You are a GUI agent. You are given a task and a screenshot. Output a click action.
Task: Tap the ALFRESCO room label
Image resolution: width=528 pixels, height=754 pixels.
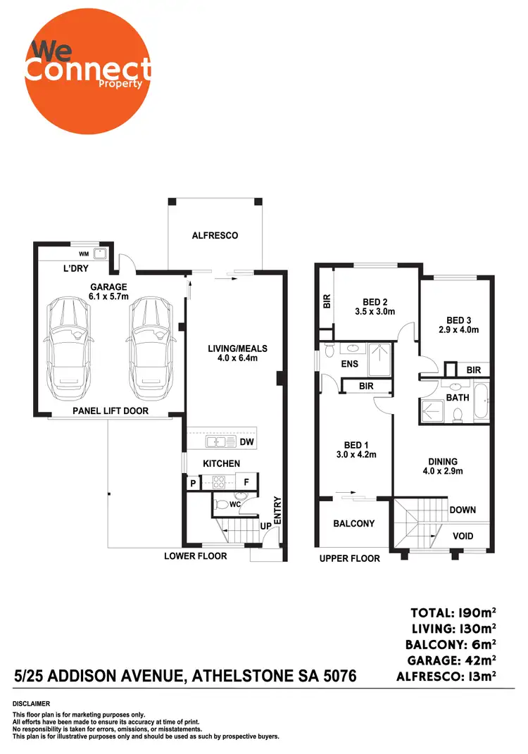pyautogui.click(x=215, y=236)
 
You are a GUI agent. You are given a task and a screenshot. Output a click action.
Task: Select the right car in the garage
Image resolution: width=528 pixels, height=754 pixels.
pyautogui.click(x=151, y=346)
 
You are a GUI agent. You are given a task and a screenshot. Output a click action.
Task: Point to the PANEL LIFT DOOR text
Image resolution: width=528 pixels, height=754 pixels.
pyautogui.click(x=111, y=410)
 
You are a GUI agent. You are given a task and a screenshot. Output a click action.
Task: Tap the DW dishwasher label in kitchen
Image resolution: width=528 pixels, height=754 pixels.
pyautogui.click(x=246, y=442)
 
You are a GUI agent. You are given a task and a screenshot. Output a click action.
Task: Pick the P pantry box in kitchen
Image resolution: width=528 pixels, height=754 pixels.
pyautogui.click(x=192, y=484)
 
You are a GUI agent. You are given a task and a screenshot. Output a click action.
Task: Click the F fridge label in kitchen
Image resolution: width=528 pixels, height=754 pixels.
pyautogui.click(x=246, y=484)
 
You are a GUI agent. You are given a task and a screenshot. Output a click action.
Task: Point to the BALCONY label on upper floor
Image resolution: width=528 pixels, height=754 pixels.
pyautogui.click(x=354, y=524)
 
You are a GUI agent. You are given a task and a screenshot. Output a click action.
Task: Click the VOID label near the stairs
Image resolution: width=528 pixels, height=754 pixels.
pyautogui.click(x=463, y=536)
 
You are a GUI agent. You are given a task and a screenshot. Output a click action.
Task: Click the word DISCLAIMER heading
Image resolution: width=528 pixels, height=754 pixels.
pyautogui.click(x=31, y=704)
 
